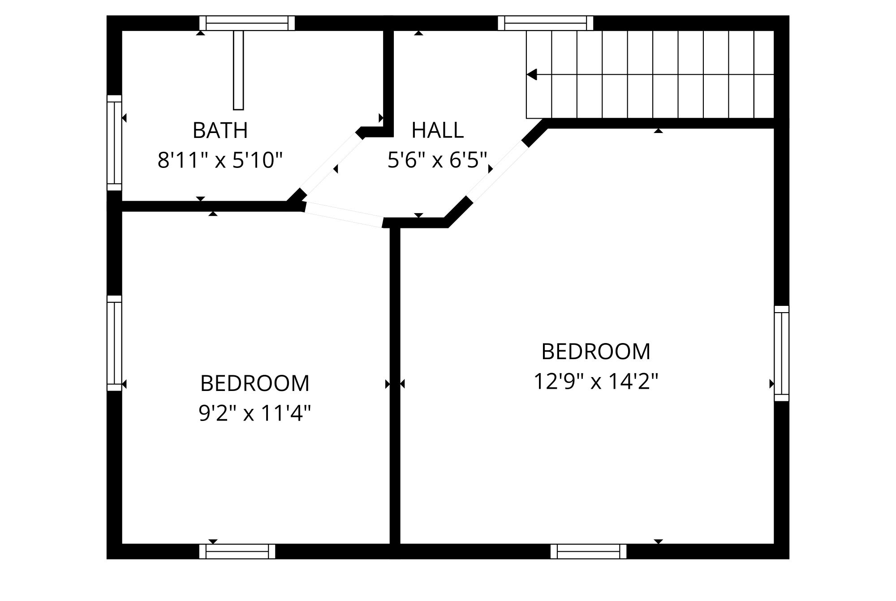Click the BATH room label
coord(220,131)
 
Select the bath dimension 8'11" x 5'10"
coord(220,160)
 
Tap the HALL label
coord(437,131)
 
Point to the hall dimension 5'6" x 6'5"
coord(437,160)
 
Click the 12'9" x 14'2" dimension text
coord(595,382)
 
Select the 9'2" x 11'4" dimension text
coord(254,413)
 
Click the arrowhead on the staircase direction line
coord(532,74)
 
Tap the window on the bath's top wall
coord(247,23)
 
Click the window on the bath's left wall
coord(114,143)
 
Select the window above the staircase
coord(545,23)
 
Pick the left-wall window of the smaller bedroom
coord(114,343)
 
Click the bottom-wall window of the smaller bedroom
coord(237,551)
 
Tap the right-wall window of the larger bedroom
coord(782,353)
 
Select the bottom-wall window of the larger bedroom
coord(588,551)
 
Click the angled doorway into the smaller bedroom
coord(344,215)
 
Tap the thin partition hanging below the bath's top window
coord(238,70)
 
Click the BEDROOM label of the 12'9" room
coord(595,352)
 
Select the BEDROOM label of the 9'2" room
coord(254,384)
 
